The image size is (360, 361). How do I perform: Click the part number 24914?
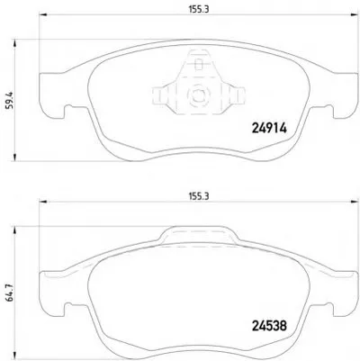click(269, 129)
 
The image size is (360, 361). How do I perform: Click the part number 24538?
click(269, 326)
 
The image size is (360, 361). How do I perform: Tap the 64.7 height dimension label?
click(11, 294)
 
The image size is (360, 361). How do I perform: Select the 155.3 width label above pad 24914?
click(199, 9)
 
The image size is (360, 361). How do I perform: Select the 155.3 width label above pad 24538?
click(199, 196)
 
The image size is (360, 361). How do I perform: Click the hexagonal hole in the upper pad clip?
click(198, 95)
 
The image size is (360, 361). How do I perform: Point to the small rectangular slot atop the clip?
click(199, 65)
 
